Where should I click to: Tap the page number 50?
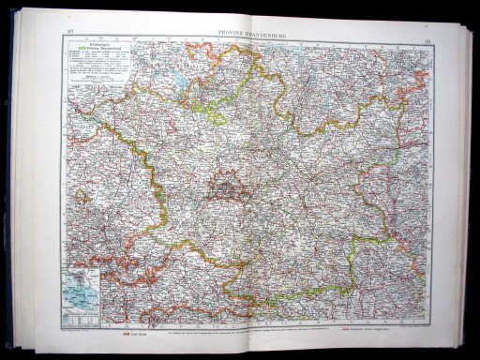[427, 40]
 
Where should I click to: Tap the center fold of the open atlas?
[247, 187]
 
